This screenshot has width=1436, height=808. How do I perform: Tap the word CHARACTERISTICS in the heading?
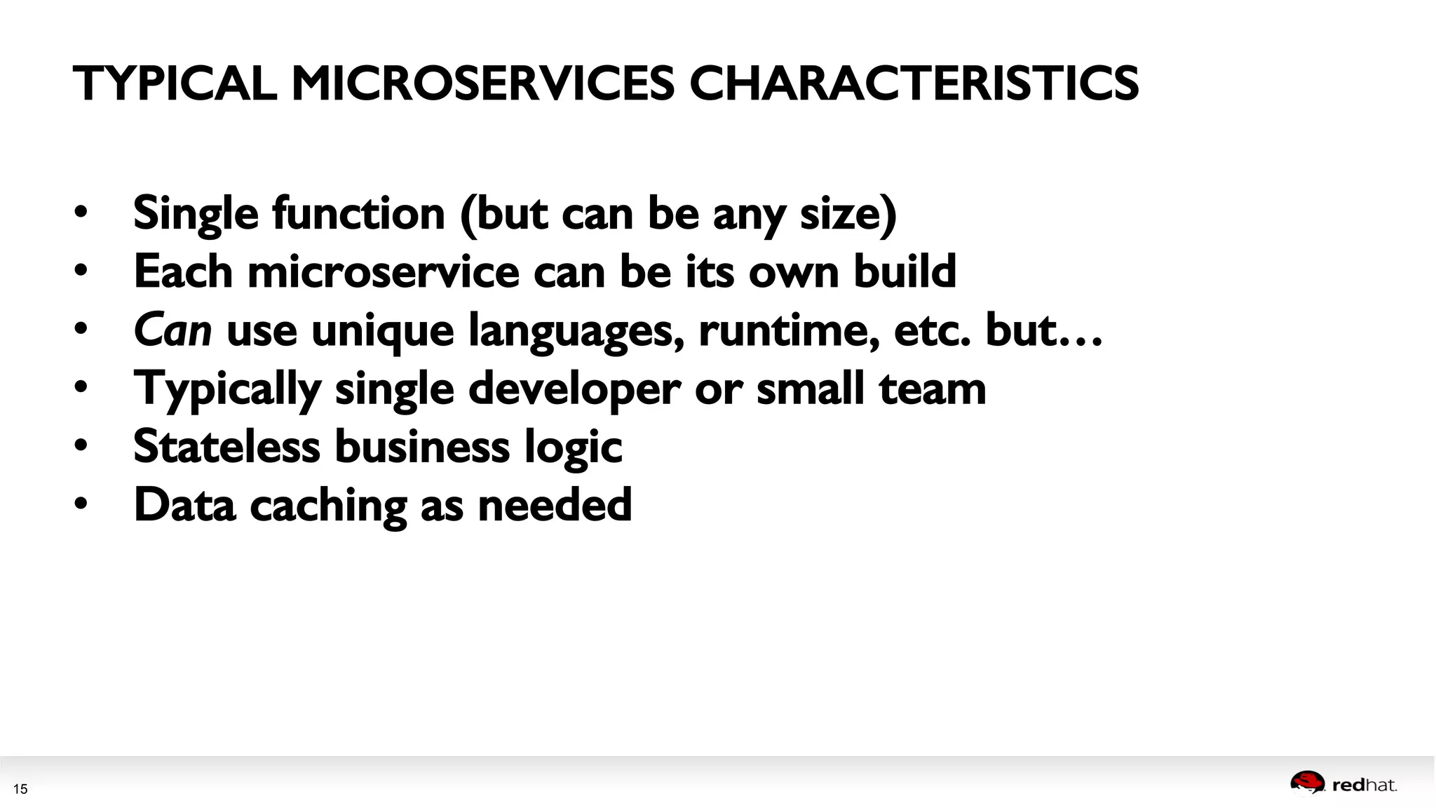coord(914,83)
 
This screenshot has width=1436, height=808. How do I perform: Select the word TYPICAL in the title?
coord(175,83)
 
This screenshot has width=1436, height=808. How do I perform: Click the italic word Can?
coord(172,330)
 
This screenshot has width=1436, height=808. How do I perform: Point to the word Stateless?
coord(226,446)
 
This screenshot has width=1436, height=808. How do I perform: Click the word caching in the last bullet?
coord(328,505)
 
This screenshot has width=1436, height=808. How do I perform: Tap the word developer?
coord(574,389)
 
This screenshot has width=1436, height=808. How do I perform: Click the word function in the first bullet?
coord(359,213)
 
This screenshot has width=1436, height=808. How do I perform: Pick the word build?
coord(905,271)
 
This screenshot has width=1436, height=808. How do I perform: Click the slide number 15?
coord(20,789)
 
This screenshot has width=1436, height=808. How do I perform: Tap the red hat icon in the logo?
coord(1307,783)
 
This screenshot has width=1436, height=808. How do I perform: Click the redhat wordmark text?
coord(1364,786)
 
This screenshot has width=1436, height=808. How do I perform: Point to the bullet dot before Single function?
coord(81,212)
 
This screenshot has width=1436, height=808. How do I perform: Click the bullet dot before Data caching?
coord(81,503)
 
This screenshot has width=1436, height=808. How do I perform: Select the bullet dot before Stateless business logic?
coord(81,445)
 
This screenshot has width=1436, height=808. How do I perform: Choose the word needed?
coord(555,505)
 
